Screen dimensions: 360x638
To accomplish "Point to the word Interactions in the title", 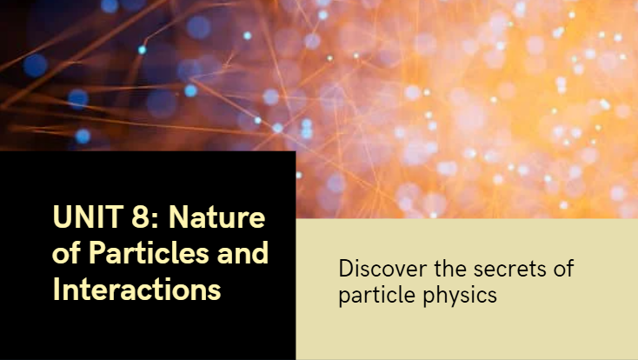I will (x=136, y=290).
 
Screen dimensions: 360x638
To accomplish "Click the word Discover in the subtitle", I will (x=378, y=269).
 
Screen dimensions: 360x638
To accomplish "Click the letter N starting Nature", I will (x=173, y=217).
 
